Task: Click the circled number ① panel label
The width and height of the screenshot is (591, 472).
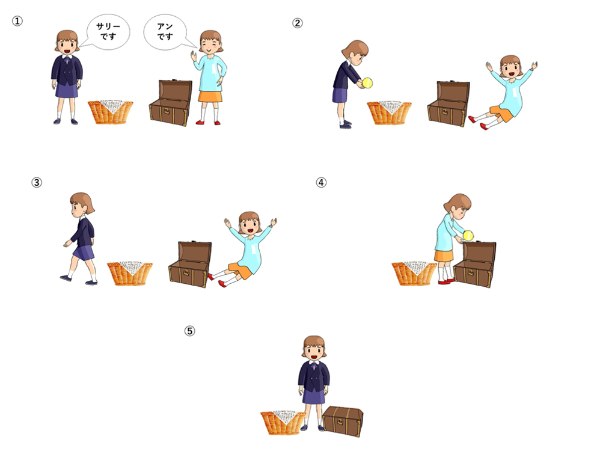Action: coord(17,21)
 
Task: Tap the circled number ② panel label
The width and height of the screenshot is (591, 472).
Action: coord(298,23)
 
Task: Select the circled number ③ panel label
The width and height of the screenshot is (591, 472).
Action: coord(37,182)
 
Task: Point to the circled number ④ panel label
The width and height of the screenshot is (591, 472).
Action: coord(321,182)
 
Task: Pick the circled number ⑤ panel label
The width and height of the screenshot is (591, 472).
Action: coord(189,331)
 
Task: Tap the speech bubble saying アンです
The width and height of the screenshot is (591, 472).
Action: coord(167,32)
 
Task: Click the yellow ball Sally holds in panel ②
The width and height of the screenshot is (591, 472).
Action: coord(367,83)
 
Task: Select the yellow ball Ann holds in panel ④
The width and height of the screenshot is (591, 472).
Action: coord(468,236)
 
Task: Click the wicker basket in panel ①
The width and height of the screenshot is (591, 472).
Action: coord(111,112)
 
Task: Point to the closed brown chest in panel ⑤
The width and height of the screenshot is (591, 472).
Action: coord(343,421)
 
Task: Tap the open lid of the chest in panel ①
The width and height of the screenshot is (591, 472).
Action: coord(176,90)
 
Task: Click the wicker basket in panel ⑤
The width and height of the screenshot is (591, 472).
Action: coord(283,423)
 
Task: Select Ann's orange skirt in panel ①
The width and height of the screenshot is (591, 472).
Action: coord(210,97)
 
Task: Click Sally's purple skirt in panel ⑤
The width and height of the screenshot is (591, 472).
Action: coord(314,397)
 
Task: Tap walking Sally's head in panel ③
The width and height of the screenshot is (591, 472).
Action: coord(82,204)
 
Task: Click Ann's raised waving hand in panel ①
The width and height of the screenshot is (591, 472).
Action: coord(194,56)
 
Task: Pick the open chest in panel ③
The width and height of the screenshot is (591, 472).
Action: coord(189,263)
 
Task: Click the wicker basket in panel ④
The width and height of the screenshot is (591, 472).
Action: coord(414,274)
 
